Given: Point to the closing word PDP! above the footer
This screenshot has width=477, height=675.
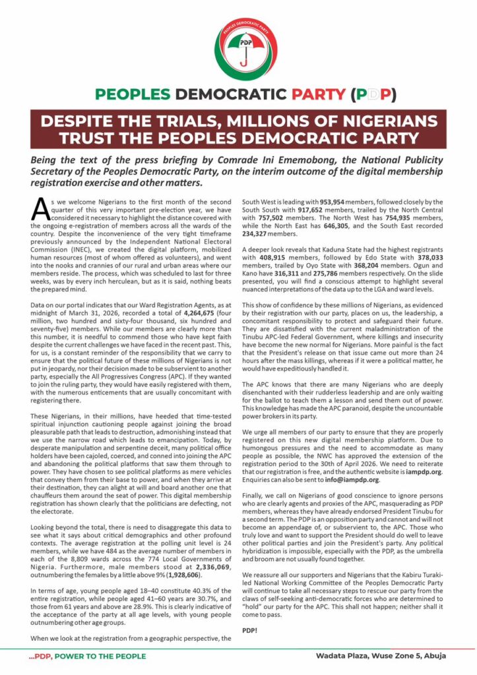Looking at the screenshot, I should point(250,630).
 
